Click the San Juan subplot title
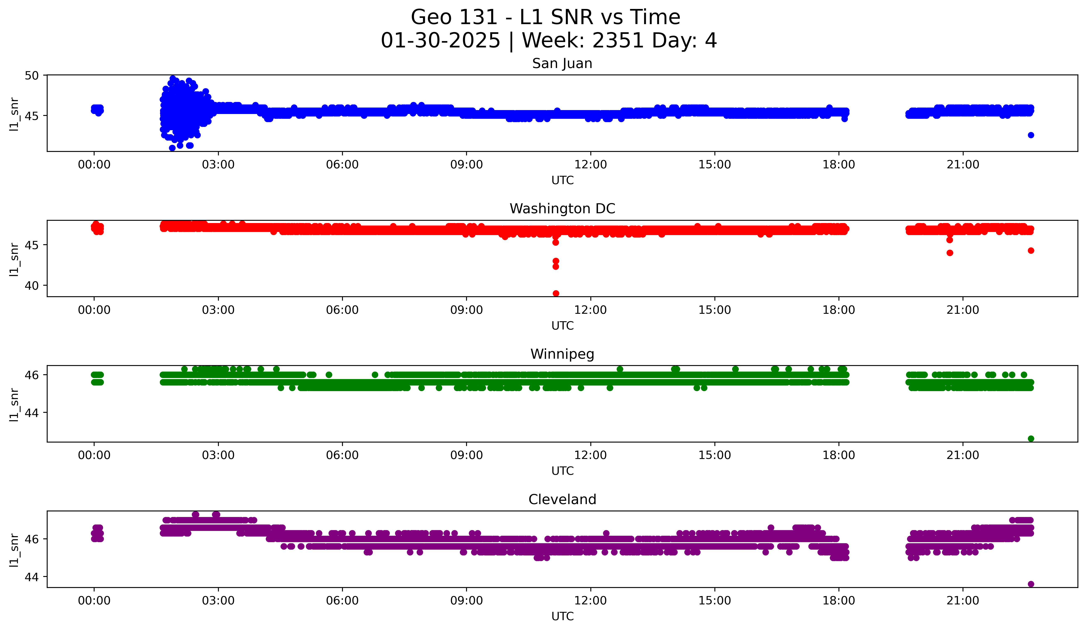click(x=562, y=63)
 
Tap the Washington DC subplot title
click(x=562, y=209)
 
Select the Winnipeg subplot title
click(x=562, y=354)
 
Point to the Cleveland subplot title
click(x=562, y=500)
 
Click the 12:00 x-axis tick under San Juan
click(x=590, y=164)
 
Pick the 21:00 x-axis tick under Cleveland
click(x=963, y=600)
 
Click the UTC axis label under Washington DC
click(x=562, y=326)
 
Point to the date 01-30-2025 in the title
click(x=440, y=41)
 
